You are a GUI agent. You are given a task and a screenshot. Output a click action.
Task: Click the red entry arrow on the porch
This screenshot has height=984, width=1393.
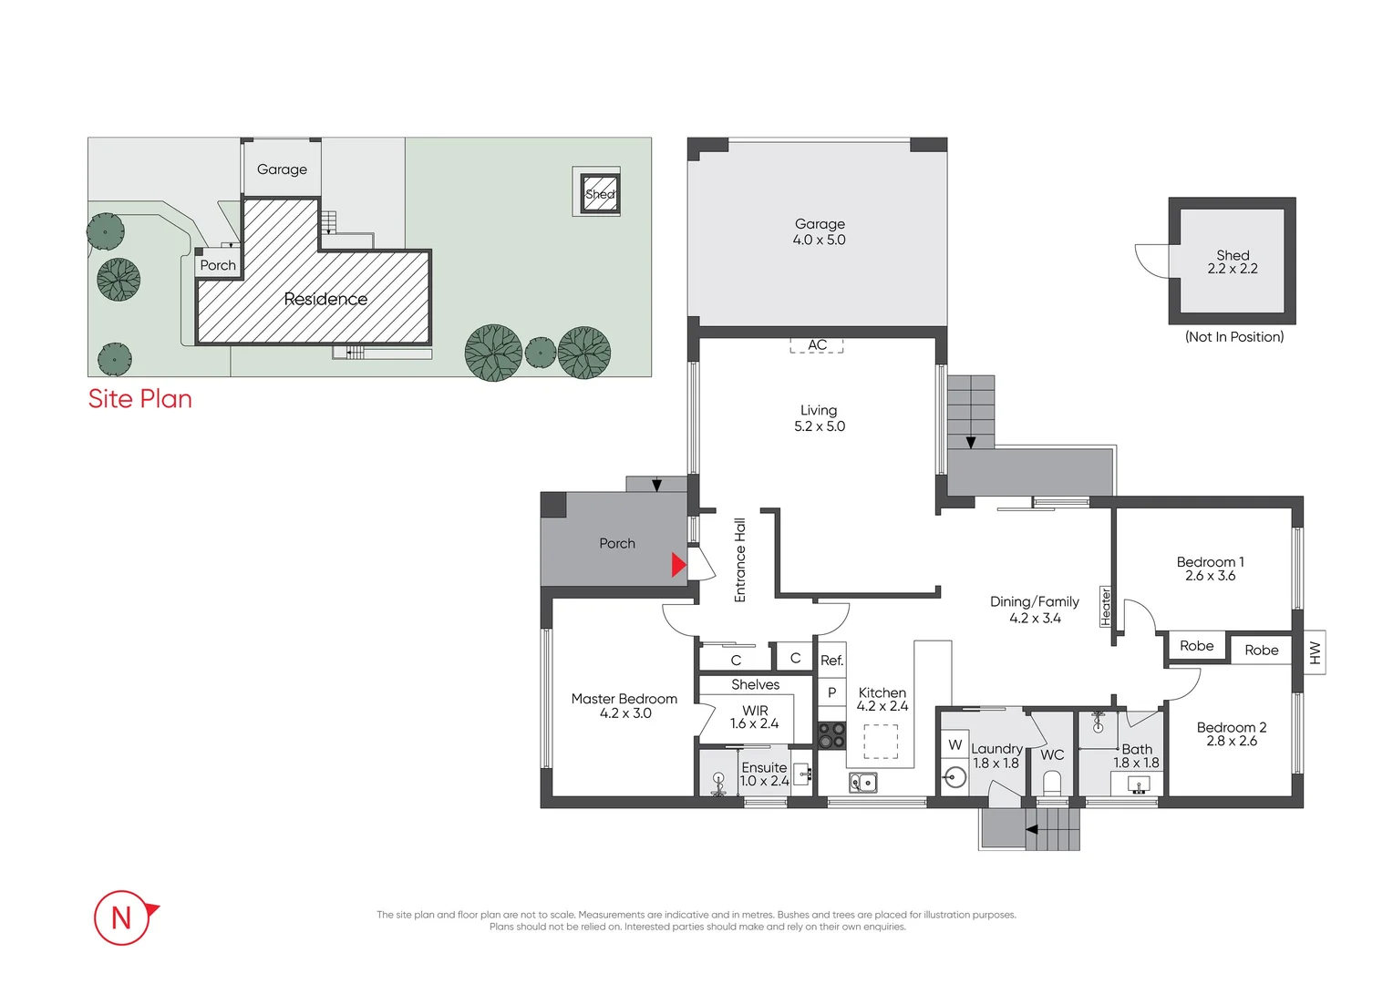tap(678, 565)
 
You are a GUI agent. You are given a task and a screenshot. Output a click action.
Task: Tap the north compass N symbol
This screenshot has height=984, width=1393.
tap(122, 917)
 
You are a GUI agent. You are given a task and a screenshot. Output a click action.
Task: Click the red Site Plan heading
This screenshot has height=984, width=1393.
tap(139, 399)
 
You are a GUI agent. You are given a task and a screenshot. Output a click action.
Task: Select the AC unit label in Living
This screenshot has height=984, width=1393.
tap(817, 345)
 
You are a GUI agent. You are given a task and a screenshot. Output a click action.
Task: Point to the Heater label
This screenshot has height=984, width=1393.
tap(1106, 606)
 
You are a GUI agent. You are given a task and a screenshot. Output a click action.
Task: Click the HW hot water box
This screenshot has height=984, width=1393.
tap(1314, 652)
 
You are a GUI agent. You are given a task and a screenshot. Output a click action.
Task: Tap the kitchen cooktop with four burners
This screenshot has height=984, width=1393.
tap(831, 735)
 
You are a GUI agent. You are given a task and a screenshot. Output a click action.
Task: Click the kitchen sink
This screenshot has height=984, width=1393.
tap(862, 782)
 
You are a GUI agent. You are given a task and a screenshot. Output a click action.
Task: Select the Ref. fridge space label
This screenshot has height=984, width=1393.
tap(831, 661)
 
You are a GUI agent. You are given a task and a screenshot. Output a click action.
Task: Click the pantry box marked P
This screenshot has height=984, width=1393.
tap(831, 692)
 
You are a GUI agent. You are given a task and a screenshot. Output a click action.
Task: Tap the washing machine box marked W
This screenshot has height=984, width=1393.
tap(954, 744)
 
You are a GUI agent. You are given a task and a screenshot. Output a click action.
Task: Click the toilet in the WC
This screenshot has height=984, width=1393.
tap(1051, 783)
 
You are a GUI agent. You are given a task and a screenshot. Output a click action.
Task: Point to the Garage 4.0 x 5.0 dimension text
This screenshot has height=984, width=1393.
tap(819, 241)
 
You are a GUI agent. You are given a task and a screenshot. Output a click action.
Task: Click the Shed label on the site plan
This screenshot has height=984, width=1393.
tap(599, 194)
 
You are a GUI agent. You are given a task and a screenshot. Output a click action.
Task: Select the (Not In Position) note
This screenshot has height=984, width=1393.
tap(1233, 337)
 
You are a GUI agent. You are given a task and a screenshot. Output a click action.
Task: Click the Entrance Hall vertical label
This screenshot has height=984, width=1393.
tap(740, 560)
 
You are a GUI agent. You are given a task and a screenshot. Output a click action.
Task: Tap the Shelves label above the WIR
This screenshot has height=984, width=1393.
tap(755, 684)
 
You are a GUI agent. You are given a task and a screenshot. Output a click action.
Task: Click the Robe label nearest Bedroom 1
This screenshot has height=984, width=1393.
tap(1196, 646)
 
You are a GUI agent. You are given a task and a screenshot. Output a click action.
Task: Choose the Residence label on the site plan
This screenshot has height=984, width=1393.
tap(325, 299)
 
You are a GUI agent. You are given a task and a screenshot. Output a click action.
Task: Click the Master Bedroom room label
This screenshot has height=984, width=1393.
tap(624, 699)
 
